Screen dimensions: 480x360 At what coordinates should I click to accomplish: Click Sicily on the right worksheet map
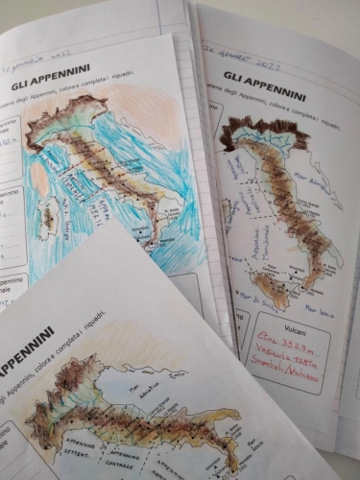[270, 288]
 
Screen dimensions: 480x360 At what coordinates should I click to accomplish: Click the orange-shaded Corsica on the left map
[41, 177]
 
